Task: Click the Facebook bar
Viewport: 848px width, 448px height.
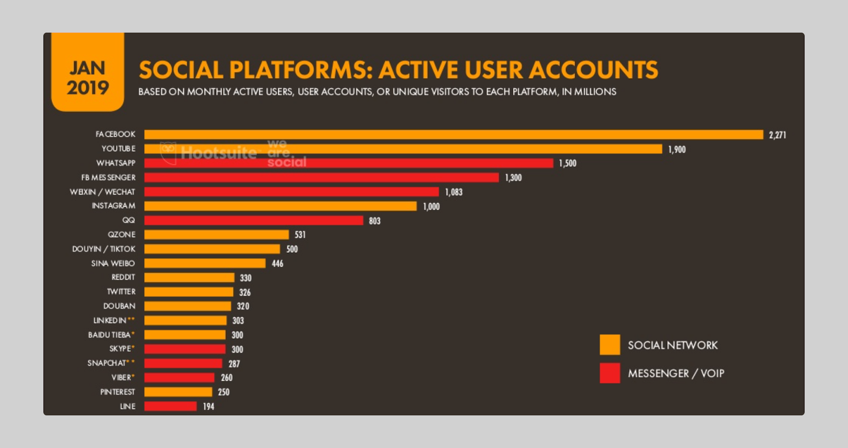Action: (x=453, y=135)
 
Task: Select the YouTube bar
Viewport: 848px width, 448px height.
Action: (x=403, y=149)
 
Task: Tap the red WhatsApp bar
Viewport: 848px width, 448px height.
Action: (x=348, y=163)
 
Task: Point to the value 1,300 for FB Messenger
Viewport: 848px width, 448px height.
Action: (x=513, y=178)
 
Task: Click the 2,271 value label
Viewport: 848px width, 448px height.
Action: (x=778, y=135)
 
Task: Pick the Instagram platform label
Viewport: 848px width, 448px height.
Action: (x=113, y=206)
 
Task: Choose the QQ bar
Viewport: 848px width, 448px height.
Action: (x=253, y=220)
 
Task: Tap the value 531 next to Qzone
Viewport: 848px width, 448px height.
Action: (x=300, y=235)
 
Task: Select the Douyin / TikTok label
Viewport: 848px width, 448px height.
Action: (x=104, y=249)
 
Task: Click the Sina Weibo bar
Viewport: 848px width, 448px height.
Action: (x=205, y=263)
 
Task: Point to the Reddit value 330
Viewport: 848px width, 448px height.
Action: (x=245, y=278)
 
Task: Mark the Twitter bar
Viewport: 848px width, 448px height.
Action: (x=189, y=292)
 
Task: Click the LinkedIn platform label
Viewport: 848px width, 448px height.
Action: (x=110, y=321)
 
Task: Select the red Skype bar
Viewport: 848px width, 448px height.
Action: (x=184, y=349)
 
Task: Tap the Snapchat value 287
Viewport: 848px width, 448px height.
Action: (x=234, y=364)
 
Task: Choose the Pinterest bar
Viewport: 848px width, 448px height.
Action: (x=178, y=392)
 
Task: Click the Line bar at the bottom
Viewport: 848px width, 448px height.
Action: (x=170, y=407)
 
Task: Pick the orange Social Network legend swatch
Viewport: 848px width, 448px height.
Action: (x=609, y=345)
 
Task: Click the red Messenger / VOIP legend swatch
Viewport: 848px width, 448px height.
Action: (x=609, y=373)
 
